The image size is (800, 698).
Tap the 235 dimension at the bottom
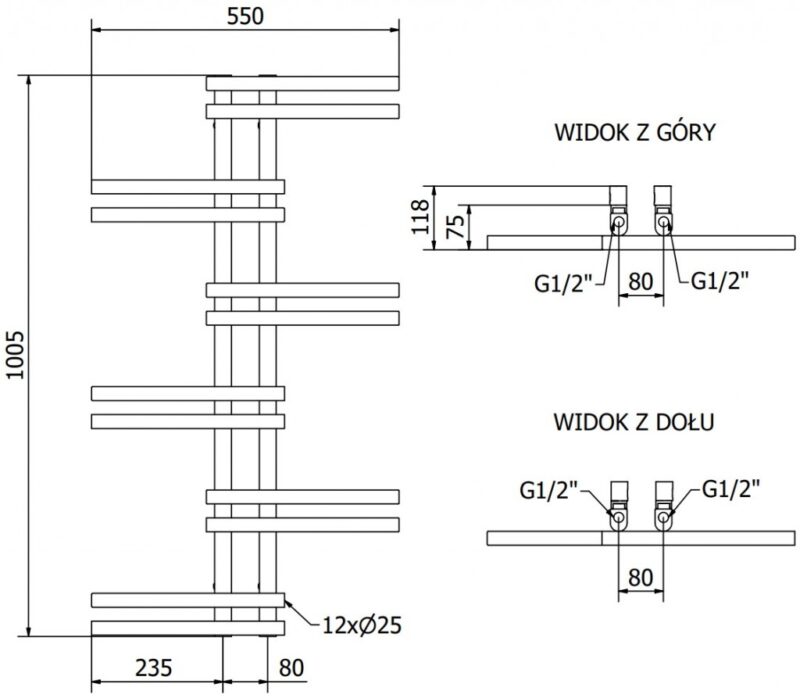[x=156, y=667]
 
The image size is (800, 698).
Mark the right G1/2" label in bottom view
[x=729, y=490]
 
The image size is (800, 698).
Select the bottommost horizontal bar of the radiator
[x=187, y=627]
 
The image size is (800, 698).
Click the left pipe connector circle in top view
[x=618, y=223]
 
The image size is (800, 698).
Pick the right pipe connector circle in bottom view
[x=662, y=520]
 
